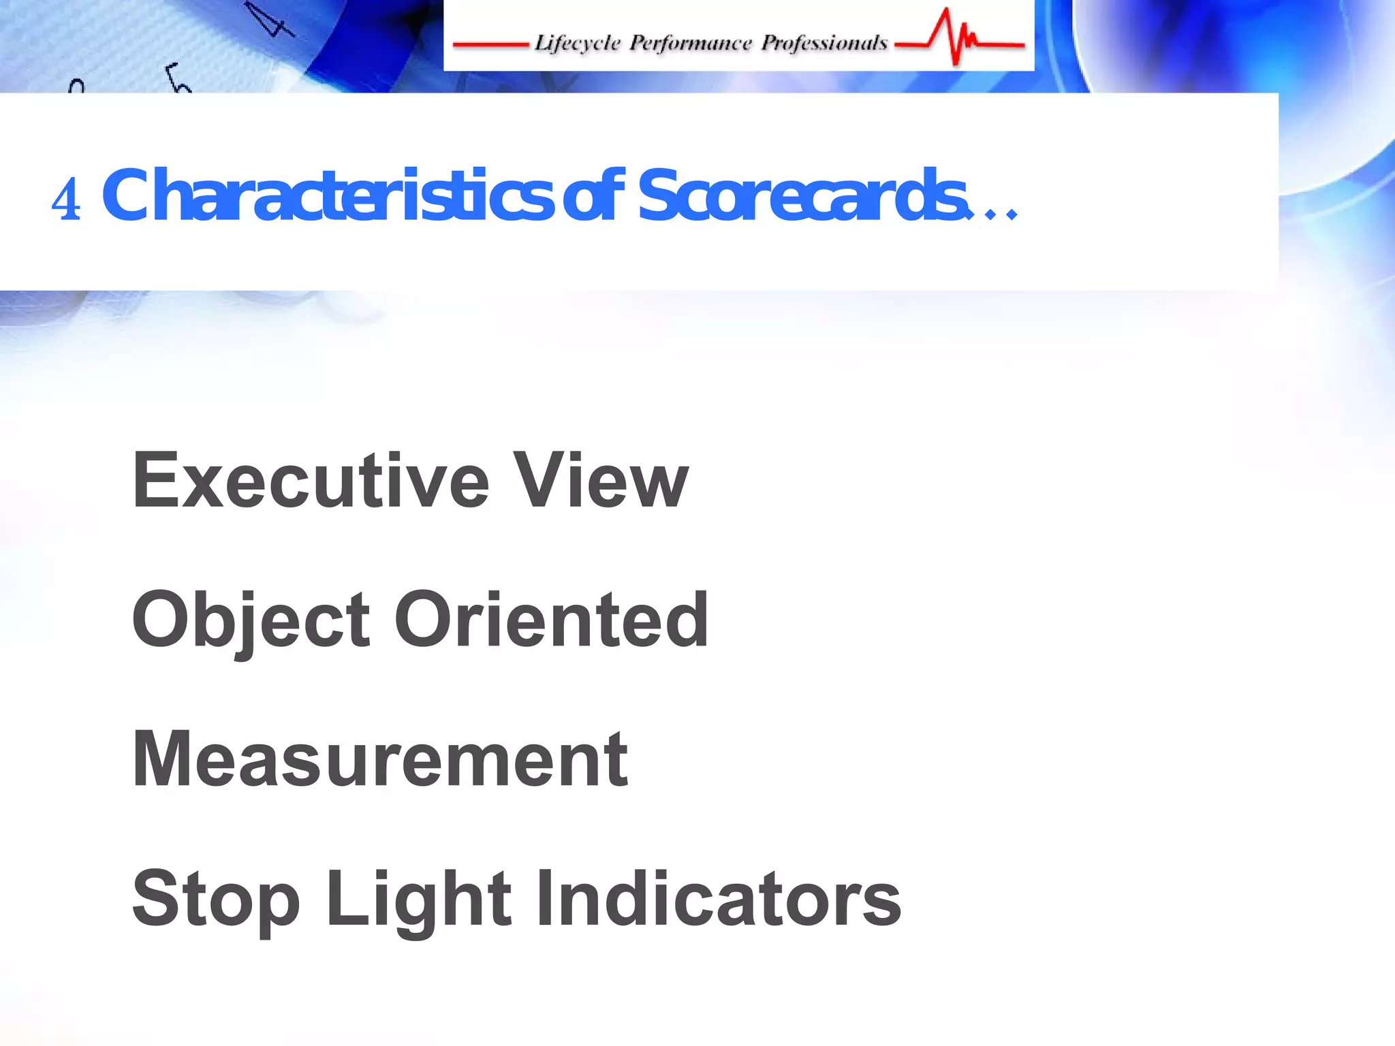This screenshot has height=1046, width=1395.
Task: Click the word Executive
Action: pyautogui.click(x=311, y=481)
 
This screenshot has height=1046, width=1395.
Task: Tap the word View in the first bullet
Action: pyautogui.click(x=601, y=481)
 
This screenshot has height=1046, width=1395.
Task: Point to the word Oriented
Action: pyautogui.click(x=552, y=620)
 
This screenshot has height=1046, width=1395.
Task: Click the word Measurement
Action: pyautogui.click(x=380, y=759)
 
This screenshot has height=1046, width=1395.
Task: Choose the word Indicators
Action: pyautogui.click(x=719, y=899)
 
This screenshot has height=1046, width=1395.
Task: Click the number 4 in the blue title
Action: pyautogui.click(x=66, y=200)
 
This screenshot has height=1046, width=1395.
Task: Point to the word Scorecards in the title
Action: pyautogui.click(x=801, y=196)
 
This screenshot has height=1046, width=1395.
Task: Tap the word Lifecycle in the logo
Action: pyautogui.click(x=578, y=43)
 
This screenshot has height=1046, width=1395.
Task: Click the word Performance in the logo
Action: pyautogui.click(x=690, y=43)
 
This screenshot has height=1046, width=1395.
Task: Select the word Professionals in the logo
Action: pyautogui.click(x=824, y=43)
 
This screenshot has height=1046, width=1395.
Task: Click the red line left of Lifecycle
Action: pyautogui.click(x=490, y=46)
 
